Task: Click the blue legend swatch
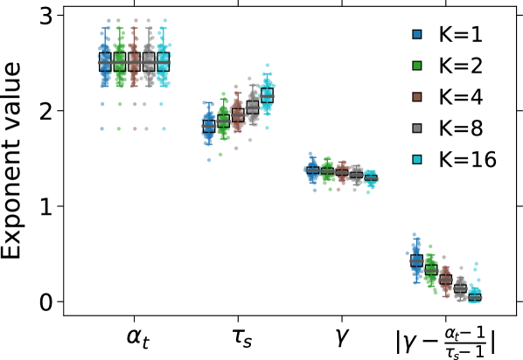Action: tap(417, 34)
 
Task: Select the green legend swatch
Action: tap(417, 66)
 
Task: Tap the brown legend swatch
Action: tap(417, 97)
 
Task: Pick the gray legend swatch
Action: tap(417, 128)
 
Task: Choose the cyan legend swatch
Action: tap(417, 160)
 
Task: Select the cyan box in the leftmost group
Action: tap(163, 61)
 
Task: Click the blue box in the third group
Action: tap(313, 170)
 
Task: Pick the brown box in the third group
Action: tap(342, 173)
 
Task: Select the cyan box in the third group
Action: tap(371, 177)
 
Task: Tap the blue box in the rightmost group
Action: tap(416, 260)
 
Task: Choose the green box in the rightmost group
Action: tap(430, 273)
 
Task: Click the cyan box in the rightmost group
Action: tap(475, 297)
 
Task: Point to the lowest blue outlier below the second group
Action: tap(208, 160)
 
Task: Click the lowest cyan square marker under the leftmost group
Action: tap(164, 128)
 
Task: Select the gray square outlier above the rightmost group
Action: tap(461, 267)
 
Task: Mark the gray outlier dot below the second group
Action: tap(250, 140)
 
